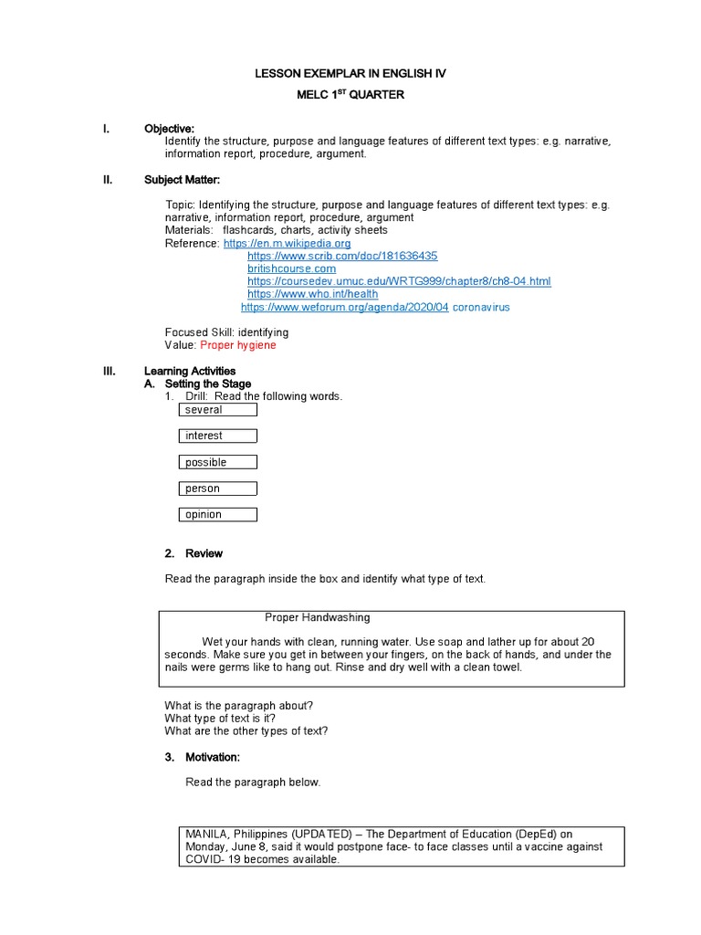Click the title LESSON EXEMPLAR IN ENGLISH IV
tap(350, 73)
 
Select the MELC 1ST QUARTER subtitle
tap(350, 94)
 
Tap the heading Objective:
tap(169, 129)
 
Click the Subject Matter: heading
tap(182, 180)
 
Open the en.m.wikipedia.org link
tap(287, 244)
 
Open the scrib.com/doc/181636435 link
tap(342, 257)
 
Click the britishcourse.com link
tap(291, 269)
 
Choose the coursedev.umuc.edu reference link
tap(399, 282)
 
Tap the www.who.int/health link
tap(312, 295)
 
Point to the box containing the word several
tap(217, 410)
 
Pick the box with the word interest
tap(217, 436)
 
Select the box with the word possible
tap(217, 462)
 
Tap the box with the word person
tap(217, 489)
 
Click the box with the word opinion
tap(217, 515)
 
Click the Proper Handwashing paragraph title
tap(317, 618)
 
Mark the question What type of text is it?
tap(220, 719)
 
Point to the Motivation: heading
tap(212, 758)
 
